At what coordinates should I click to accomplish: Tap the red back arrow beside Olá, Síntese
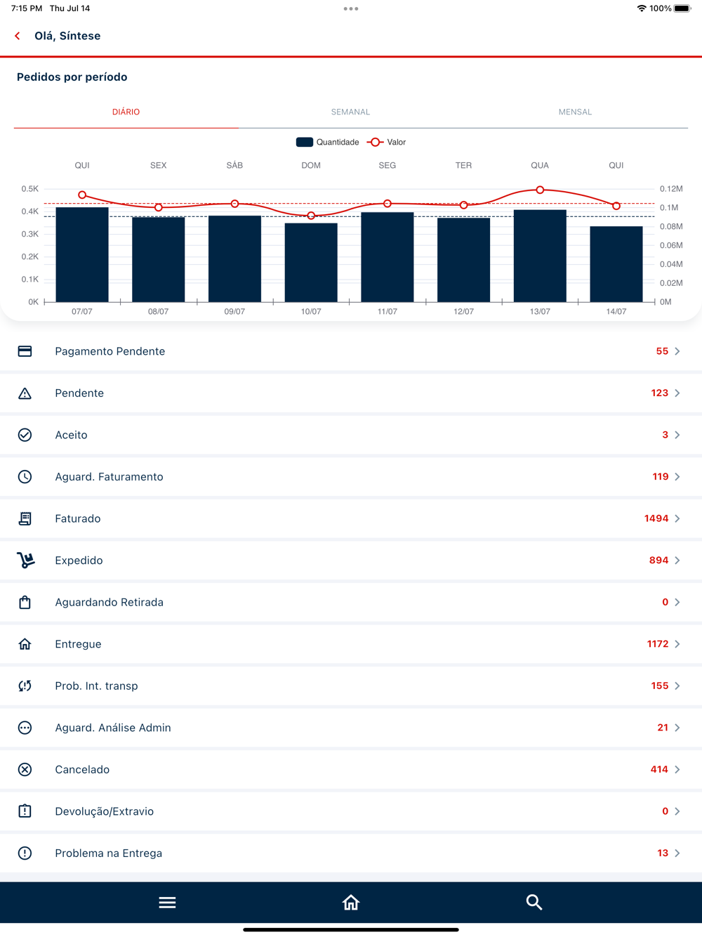click(x=18, y=36)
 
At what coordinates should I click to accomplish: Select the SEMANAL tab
click(x=350, y=112)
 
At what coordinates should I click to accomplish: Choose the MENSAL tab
click(x=575, y=112)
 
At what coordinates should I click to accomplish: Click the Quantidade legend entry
click(x=328, y=142)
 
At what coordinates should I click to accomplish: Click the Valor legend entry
click(x=388, y=142)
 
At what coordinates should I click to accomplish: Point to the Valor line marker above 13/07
click(x=540, y=190)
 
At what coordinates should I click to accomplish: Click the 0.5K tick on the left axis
click(x=30, y=189)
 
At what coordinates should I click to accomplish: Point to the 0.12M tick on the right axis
click(x=671, y=189)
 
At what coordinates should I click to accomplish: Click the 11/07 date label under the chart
click(x=387, y=311)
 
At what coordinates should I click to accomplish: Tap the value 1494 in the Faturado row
click(x=656, y=518)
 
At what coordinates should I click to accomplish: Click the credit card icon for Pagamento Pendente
click(x=25, y=351)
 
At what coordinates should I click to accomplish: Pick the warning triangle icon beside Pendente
click(x=25, y=393)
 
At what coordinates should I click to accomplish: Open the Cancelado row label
click(x=82, y=769)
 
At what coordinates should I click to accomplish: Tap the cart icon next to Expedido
click(x=25, y=561)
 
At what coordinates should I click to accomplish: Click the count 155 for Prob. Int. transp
click(x=659, y=686)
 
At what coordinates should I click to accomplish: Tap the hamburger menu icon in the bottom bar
click(x=167, y=903)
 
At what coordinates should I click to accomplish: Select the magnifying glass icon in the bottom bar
click(x=534, y=903)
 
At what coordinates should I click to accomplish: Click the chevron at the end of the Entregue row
click(x=677, y=644)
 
